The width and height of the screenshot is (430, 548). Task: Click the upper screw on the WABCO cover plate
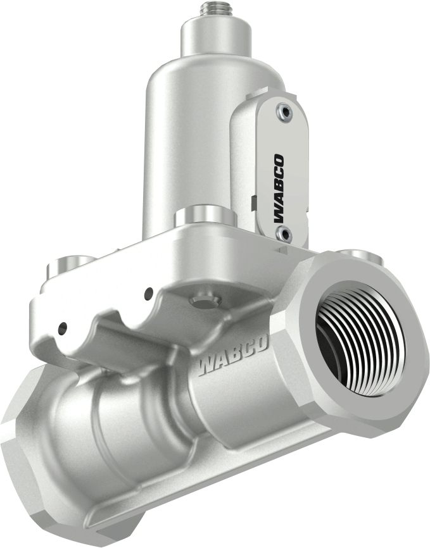pyautogui.click(x=284, y=112)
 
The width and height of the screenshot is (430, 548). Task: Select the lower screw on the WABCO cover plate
pyautogui.click(x=282, y=234)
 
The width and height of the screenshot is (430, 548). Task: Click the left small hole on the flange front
pyautogui.click(x=63, y=328)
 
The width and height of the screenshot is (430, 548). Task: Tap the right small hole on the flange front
pyautogui.click(x=149, y=293)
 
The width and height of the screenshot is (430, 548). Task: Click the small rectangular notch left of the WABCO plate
pyautogui.click(x=252, y=203)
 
